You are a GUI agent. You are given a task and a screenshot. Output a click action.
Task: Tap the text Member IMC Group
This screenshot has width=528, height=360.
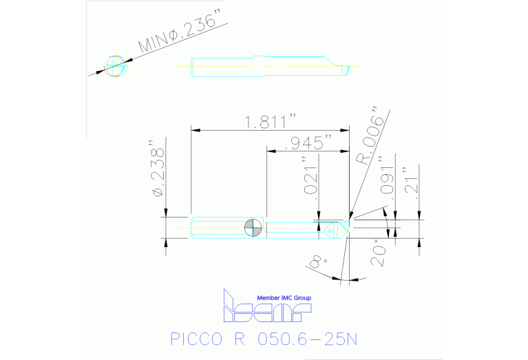[284, 297]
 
